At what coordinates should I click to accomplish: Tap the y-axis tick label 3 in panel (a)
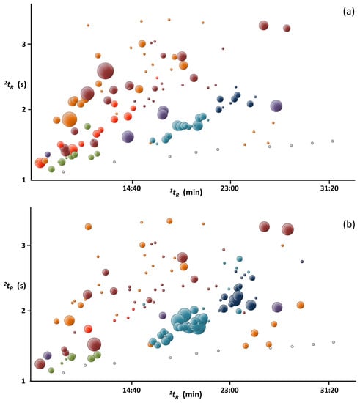23,44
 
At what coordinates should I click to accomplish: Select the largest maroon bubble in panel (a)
106,71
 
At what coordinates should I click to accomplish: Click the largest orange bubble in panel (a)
69,119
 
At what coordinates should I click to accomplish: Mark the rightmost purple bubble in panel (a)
276,106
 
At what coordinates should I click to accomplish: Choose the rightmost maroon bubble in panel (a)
287,29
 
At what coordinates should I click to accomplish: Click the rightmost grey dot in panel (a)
332,141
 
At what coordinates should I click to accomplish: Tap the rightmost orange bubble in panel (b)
300,305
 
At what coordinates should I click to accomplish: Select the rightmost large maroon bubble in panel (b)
287,229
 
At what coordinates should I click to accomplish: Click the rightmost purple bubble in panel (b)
277,308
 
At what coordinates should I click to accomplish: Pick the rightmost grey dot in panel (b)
333,342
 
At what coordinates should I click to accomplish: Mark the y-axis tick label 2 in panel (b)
23,311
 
